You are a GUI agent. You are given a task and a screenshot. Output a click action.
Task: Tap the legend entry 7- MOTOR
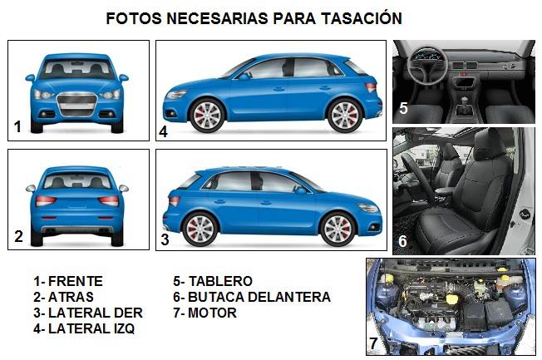205,313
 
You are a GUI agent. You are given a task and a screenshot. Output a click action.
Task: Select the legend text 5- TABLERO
213,281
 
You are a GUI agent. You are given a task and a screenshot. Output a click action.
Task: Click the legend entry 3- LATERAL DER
88,313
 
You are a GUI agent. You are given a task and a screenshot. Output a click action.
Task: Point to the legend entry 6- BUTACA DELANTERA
252,297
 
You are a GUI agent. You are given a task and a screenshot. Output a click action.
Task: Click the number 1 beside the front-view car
17,126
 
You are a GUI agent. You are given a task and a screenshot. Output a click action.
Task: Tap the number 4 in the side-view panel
163,131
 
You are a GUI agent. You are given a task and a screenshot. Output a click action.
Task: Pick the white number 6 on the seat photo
402,241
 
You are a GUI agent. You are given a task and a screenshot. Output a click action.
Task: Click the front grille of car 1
77,104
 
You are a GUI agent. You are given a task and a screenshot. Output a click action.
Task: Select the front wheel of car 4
207,116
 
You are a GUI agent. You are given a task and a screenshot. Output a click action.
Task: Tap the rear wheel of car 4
345,116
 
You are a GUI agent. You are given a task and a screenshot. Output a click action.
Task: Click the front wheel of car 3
338,229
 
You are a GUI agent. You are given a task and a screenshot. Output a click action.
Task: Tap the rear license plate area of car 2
77,204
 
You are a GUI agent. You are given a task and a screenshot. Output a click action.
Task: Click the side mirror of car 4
244,76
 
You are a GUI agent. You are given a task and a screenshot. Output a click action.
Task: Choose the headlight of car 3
368,208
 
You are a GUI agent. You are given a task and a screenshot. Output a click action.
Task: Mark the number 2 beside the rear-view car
18,236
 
